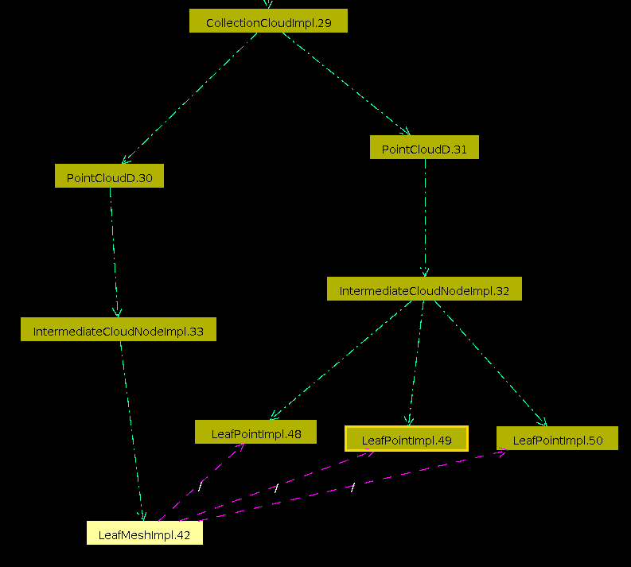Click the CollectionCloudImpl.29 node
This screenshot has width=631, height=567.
(x=268, y=21)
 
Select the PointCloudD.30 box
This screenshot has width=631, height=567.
(x=109, y=177)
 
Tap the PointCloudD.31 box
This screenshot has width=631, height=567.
(x=424, y=148)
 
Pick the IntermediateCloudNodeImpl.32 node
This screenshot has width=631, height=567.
(x=424, y=289)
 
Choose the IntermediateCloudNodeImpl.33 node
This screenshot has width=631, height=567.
(x=118, y=330)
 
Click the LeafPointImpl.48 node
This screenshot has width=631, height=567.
(x=255, y=433)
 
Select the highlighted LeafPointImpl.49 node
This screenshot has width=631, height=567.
(x=406, y=439)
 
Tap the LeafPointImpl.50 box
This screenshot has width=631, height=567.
(x=557, y=439)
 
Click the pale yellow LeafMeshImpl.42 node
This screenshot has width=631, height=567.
(x=144, y=534)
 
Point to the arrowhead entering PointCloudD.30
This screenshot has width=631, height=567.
(x=125, y=160)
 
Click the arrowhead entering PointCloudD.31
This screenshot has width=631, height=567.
(x=406, y=132)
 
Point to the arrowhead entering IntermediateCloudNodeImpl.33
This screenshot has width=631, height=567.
(x=118, y=313)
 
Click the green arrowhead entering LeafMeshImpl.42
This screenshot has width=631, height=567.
(x=143, y=517)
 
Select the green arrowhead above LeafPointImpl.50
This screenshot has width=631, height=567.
(x=543, y=422)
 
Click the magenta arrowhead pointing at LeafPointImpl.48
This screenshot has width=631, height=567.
(x=240, y=448)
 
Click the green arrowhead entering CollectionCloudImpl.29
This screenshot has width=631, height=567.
(x=268, y=5)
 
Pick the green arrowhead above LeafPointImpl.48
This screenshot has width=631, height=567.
(x=273, y=415)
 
